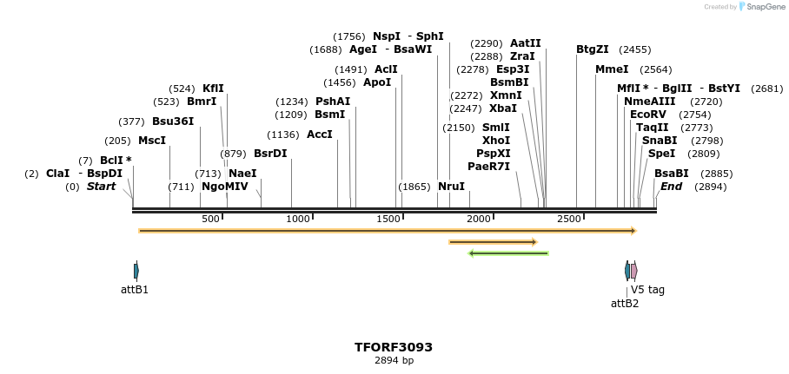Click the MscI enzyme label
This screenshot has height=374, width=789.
[x=152, y=141]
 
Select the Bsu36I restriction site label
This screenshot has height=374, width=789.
[x=173, y=121]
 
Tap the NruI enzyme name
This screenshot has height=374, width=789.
[x=451, y=187]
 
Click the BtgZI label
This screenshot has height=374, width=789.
[x=593, y=49]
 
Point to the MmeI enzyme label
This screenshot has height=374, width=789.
[x=612, y=69]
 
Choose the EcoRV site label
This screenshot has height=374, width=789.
[x=647, y=115]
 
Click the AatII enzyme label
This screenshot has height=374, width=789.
[x=526, y=43]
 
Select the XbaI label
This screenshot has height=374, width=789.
[x=503, y=108]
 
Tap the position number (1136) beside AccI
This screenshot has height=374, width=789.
[x=283, y=135]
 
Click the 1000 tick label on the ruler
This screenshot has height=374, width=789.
[x=298, y=220]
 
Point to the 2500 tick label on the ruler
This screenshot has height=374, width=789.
[x=569, y=220]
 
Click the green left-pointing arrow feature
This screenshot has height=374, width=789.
[x=508, y=253]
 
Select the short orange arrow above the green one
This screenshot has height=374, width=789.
[x=493, y=242]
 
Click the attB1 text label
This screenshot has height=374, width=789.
[x=135, y=290]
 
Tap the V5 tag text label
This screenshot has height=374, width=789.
[x=647, y=290]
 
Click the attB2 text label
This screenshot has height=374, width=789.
[x=625, y=304]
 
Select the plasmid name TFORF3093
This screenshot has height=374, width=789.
[x=394, y=347]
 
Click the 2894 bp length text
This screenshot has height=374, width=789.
[x=394, y=361]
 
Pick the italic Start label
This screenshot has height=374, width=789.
[x=101, y=187]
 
